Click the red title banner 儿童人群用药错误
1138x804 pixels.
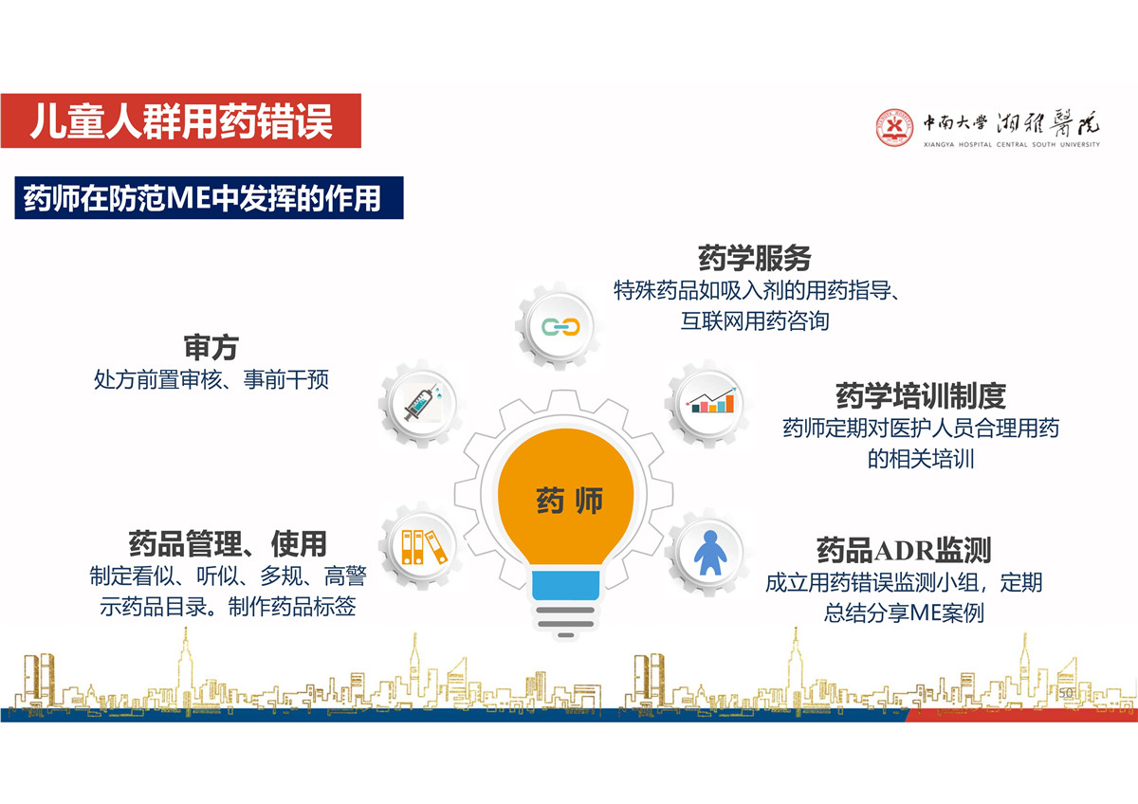click(x=181, y=120)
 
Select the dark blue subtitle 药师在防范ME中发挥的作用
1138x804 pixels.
click(x=209, y=197)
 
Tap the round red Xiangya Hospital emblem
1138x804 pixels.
click(x=894, y=127)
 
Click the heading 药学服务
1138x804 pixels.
click(x=755, y=259)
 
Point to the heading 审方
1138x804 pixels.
click(x=211, y=347)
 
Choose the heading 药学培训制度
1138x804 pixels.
click(x=921, y=396)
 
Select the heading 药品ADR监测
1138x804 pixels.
click(x=904, y=550)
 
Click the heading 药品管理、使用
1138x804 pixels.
click(x=228, y=544)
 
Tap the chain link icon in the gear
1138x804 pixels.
click(x=560, y=326)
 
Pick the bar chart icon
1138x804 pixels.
click(x=710, y=401)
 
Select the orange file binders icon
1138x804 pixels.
click(x=424, y=547)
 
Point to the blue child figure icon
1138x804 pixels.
click(x=710, y=553)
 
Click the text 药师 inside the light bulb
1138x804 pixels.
click(x=569, y=501)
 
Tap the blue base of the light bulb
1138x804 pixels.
click(x=565, y=585)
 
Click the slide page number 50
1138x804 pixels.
click(x=1066, y=693)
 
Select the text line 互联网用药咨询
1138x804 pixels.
click(x=755, y=321)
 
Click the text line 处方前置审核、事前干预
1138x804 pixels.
click(x=211, y=379)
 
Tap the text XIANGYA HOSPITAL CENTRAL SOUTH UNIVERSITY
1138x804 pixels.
click(x=1012, y=145)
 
